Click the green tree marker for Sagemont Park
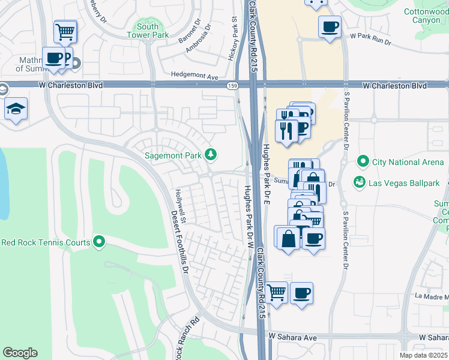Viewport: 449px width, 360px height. pos(210,155)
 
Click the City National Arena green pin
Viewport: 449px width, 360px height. pos(363,161)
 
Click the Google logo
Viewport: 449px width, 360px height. pos(20,353)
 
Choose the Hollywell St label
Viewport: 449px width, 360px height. pos(181,207)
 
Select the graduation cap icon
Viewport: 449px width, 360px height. pos(16,109)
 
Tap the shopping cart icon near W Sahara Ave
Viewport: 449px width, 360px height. pos(276,293)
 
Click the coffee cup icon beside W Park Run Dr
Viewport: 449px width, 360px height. pos(329,27)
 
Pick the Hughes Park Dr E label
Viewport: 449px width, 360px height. pos(268,174)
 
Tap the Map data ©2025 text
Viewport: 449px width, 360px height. pos(423,355)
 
